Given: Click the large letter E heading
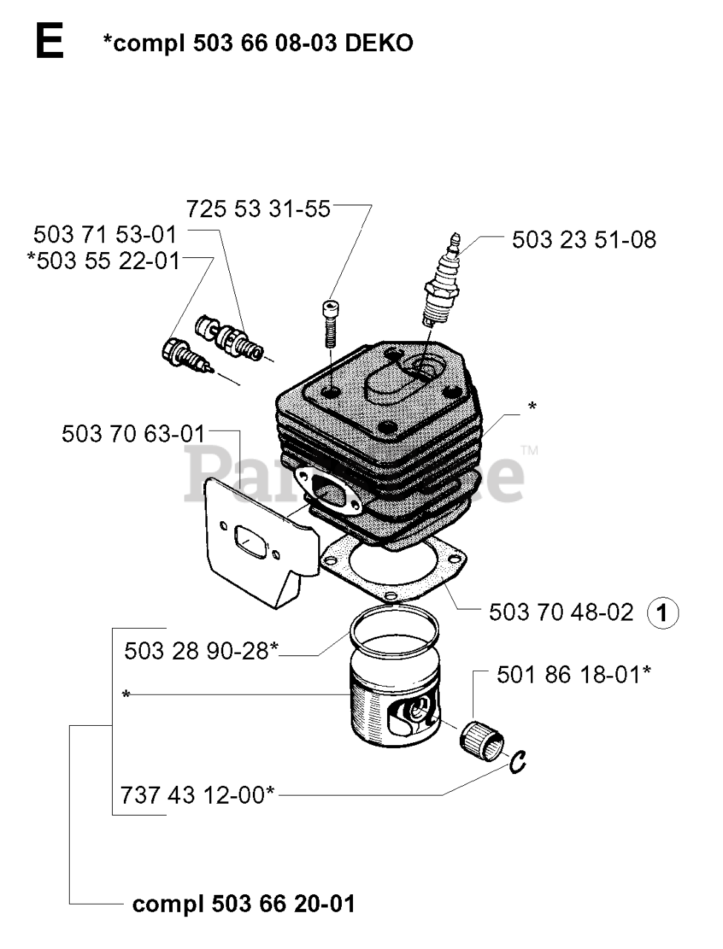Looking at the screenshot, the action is [x=49, y=43].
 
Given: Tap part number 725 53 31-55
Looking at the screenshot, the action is [x=258, y=208].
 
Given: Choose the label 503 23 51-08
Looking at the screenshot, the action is [x=584, y=239].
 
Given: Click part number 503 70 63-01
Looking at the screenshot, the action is [x=133, y=433].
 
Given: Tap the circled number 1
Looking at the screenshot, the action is [x=663, y=613].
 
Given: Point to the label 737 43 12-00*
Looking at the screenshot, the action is [x=197, y=795].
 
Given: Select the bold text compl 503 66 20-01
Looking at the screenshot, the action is [x=243, y=904].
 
